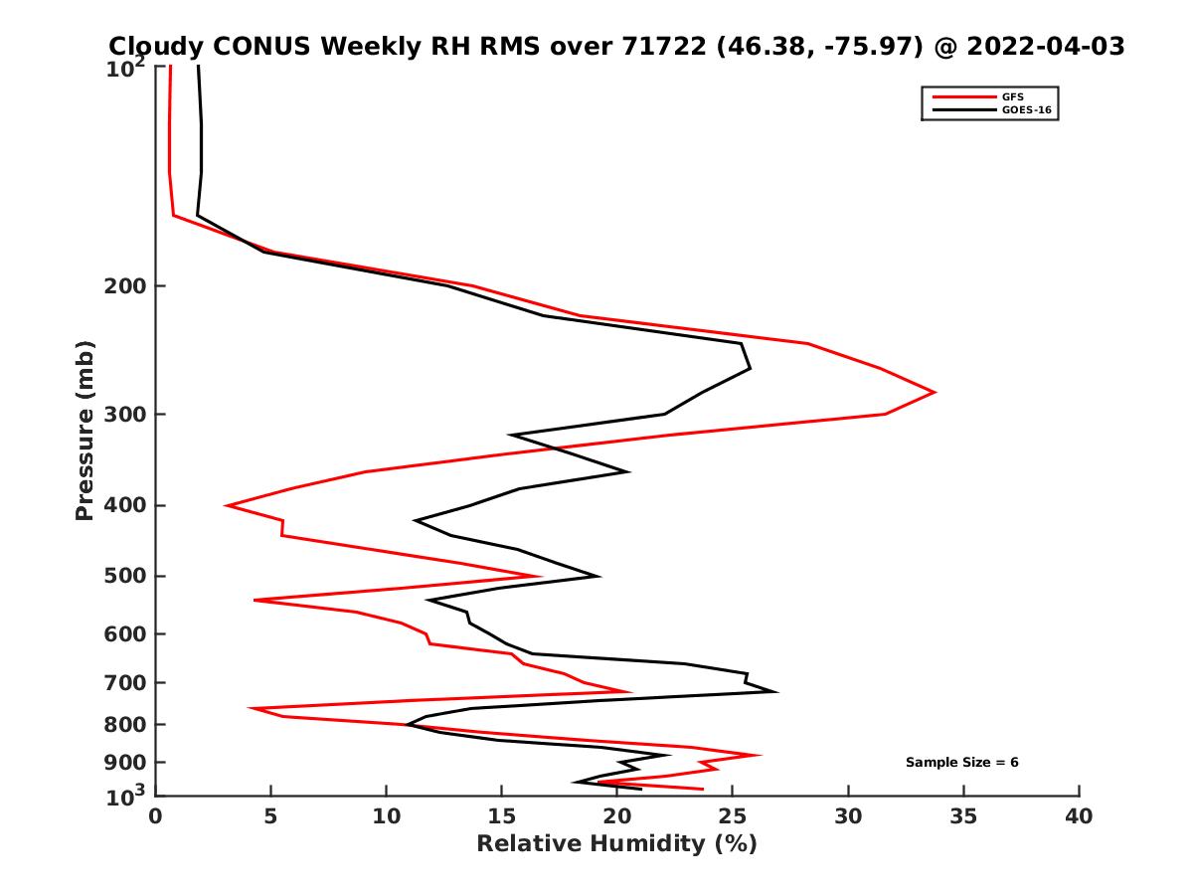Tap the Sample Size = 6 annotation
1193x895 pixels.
point(961,763)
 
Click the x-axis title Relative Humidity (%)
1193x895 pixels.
point(616,844)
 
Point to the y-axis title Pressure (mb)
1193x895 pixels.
point(85,431)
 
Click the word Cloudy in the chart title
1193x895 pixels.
point(157,46)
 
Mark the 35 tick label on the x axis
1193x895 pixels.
point(963,817)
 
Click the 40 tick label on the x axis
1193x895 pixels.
point(1079,817)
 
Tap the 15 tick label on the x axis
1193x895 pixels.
point(501,817)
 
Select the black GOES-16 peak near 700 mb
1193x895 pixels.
point(775,691)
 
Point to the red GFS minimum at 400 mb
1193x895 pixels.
point(227,506)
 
